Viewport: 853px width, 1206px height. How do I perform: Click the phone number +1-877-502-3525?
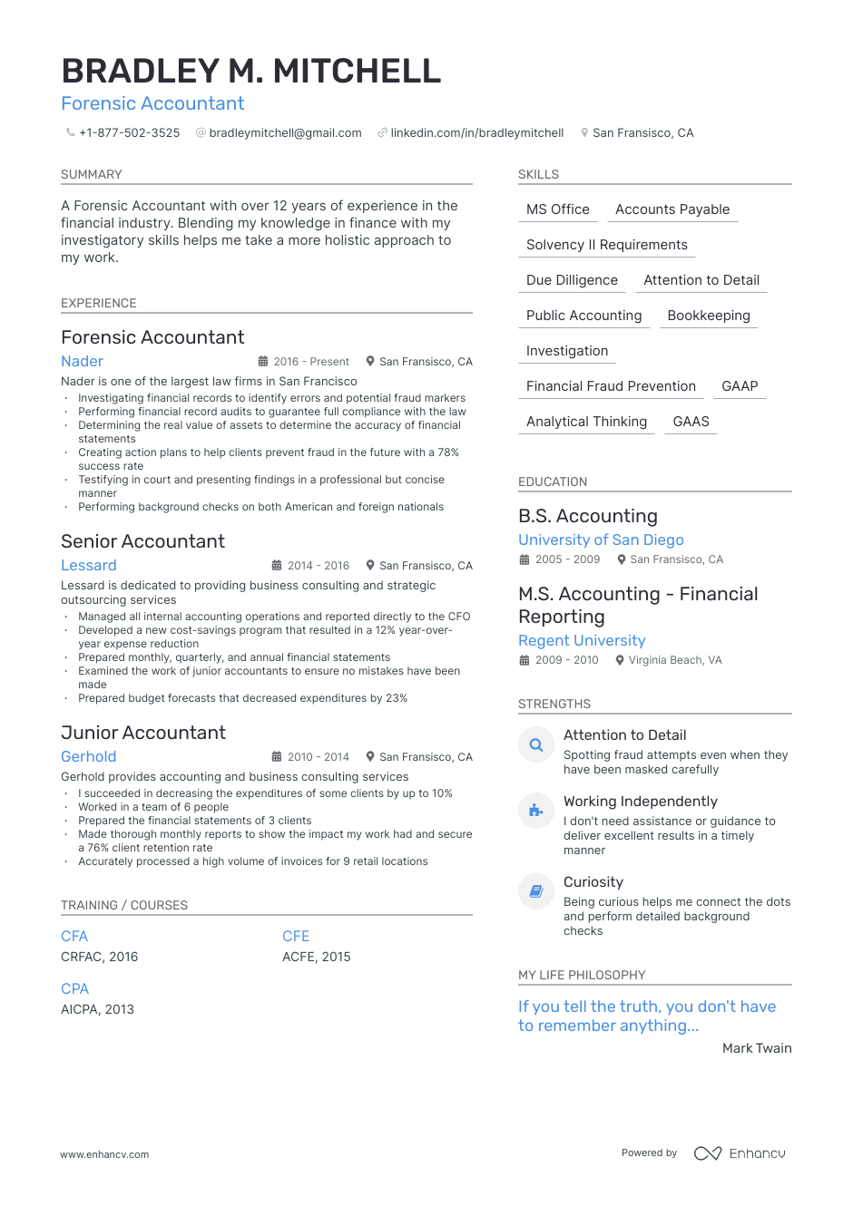pyautogui.click(x=129, y=133)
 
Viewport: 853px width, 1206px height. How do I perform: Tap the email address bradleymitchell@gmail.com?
pyautogui.click(x=285, y=133)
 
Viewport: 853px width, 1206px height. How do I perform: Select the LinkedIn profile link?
pyautogui.click(x=476, y=133)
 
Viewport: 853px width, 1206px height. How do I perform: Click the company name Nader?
pyautogui.click(x=83, y=361)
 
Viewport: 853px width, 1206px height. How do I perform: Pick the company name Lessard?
pyautogui.click(x=89, y=565)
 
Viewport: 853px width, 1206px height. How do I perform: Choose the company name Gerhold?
pyautogui.click(x=89, y=756)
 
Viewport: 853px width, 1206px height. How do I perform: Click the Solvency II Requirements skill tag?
pyautogui.click(x=606, y=245)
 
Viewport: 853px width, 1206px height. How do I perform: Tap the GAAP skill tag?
pyautogui.click(x=740, y=386)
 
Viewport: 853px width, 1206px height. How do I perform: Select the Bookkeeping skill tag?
pyautogui.click(x=709, y=316)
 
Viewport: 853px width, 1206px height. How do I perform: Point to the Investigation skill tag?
pyautogui.click(x=567, y=351)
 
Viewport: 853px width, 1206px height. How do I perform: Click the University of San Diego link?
pyautogui.click(x=601, y=540)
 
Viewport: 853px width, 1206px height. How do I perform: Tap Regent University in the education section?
pyautogui.click(x=582, y=640)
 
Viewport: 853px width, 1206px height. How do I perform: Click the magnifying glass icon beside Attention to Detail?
pyautogui.click(x=536, y=745)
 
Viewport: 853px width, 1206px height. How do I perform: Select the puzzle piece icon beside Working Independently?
pyautogui.click(x=536, y=811)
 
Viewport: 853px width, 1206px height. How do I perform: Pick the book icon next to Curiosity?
pyautogui.click(x=536, y=891)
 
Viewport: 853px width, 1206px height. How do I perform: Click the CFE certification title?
pyautogui.click(x=296, y=936)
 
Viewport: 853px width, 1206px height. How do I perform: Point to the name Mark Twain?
pyautogui.click(x=757, y=1048)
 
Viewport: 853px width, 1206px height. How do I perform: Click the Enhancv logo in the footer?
pyautogui.click(x=740, y=1153)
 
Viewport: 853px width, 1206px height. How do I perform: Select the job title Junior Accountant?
pyautogui.click(x=143, y=733)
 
